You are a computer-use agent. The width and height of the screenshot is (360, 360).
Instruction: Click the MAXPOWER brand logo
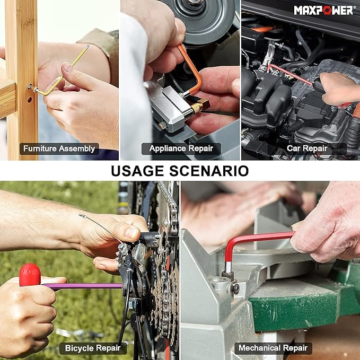tap(324, 10)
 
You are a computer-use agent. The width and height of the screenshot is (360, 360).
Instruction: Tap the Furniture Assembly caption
tap(59, 149)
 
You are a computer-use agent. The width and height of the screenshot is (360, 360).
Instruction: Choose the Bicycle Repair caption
tap(93, 348)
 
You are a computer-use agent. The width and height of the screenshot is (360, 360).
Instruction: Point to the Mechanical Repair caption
tap(273, 348)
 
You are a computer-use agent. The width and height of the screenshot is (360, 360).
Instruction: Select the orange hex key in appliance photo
tap(194, 69)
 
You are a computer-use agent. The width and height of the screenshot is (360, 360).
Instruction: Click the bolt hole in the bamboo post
tap(29, 86)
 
